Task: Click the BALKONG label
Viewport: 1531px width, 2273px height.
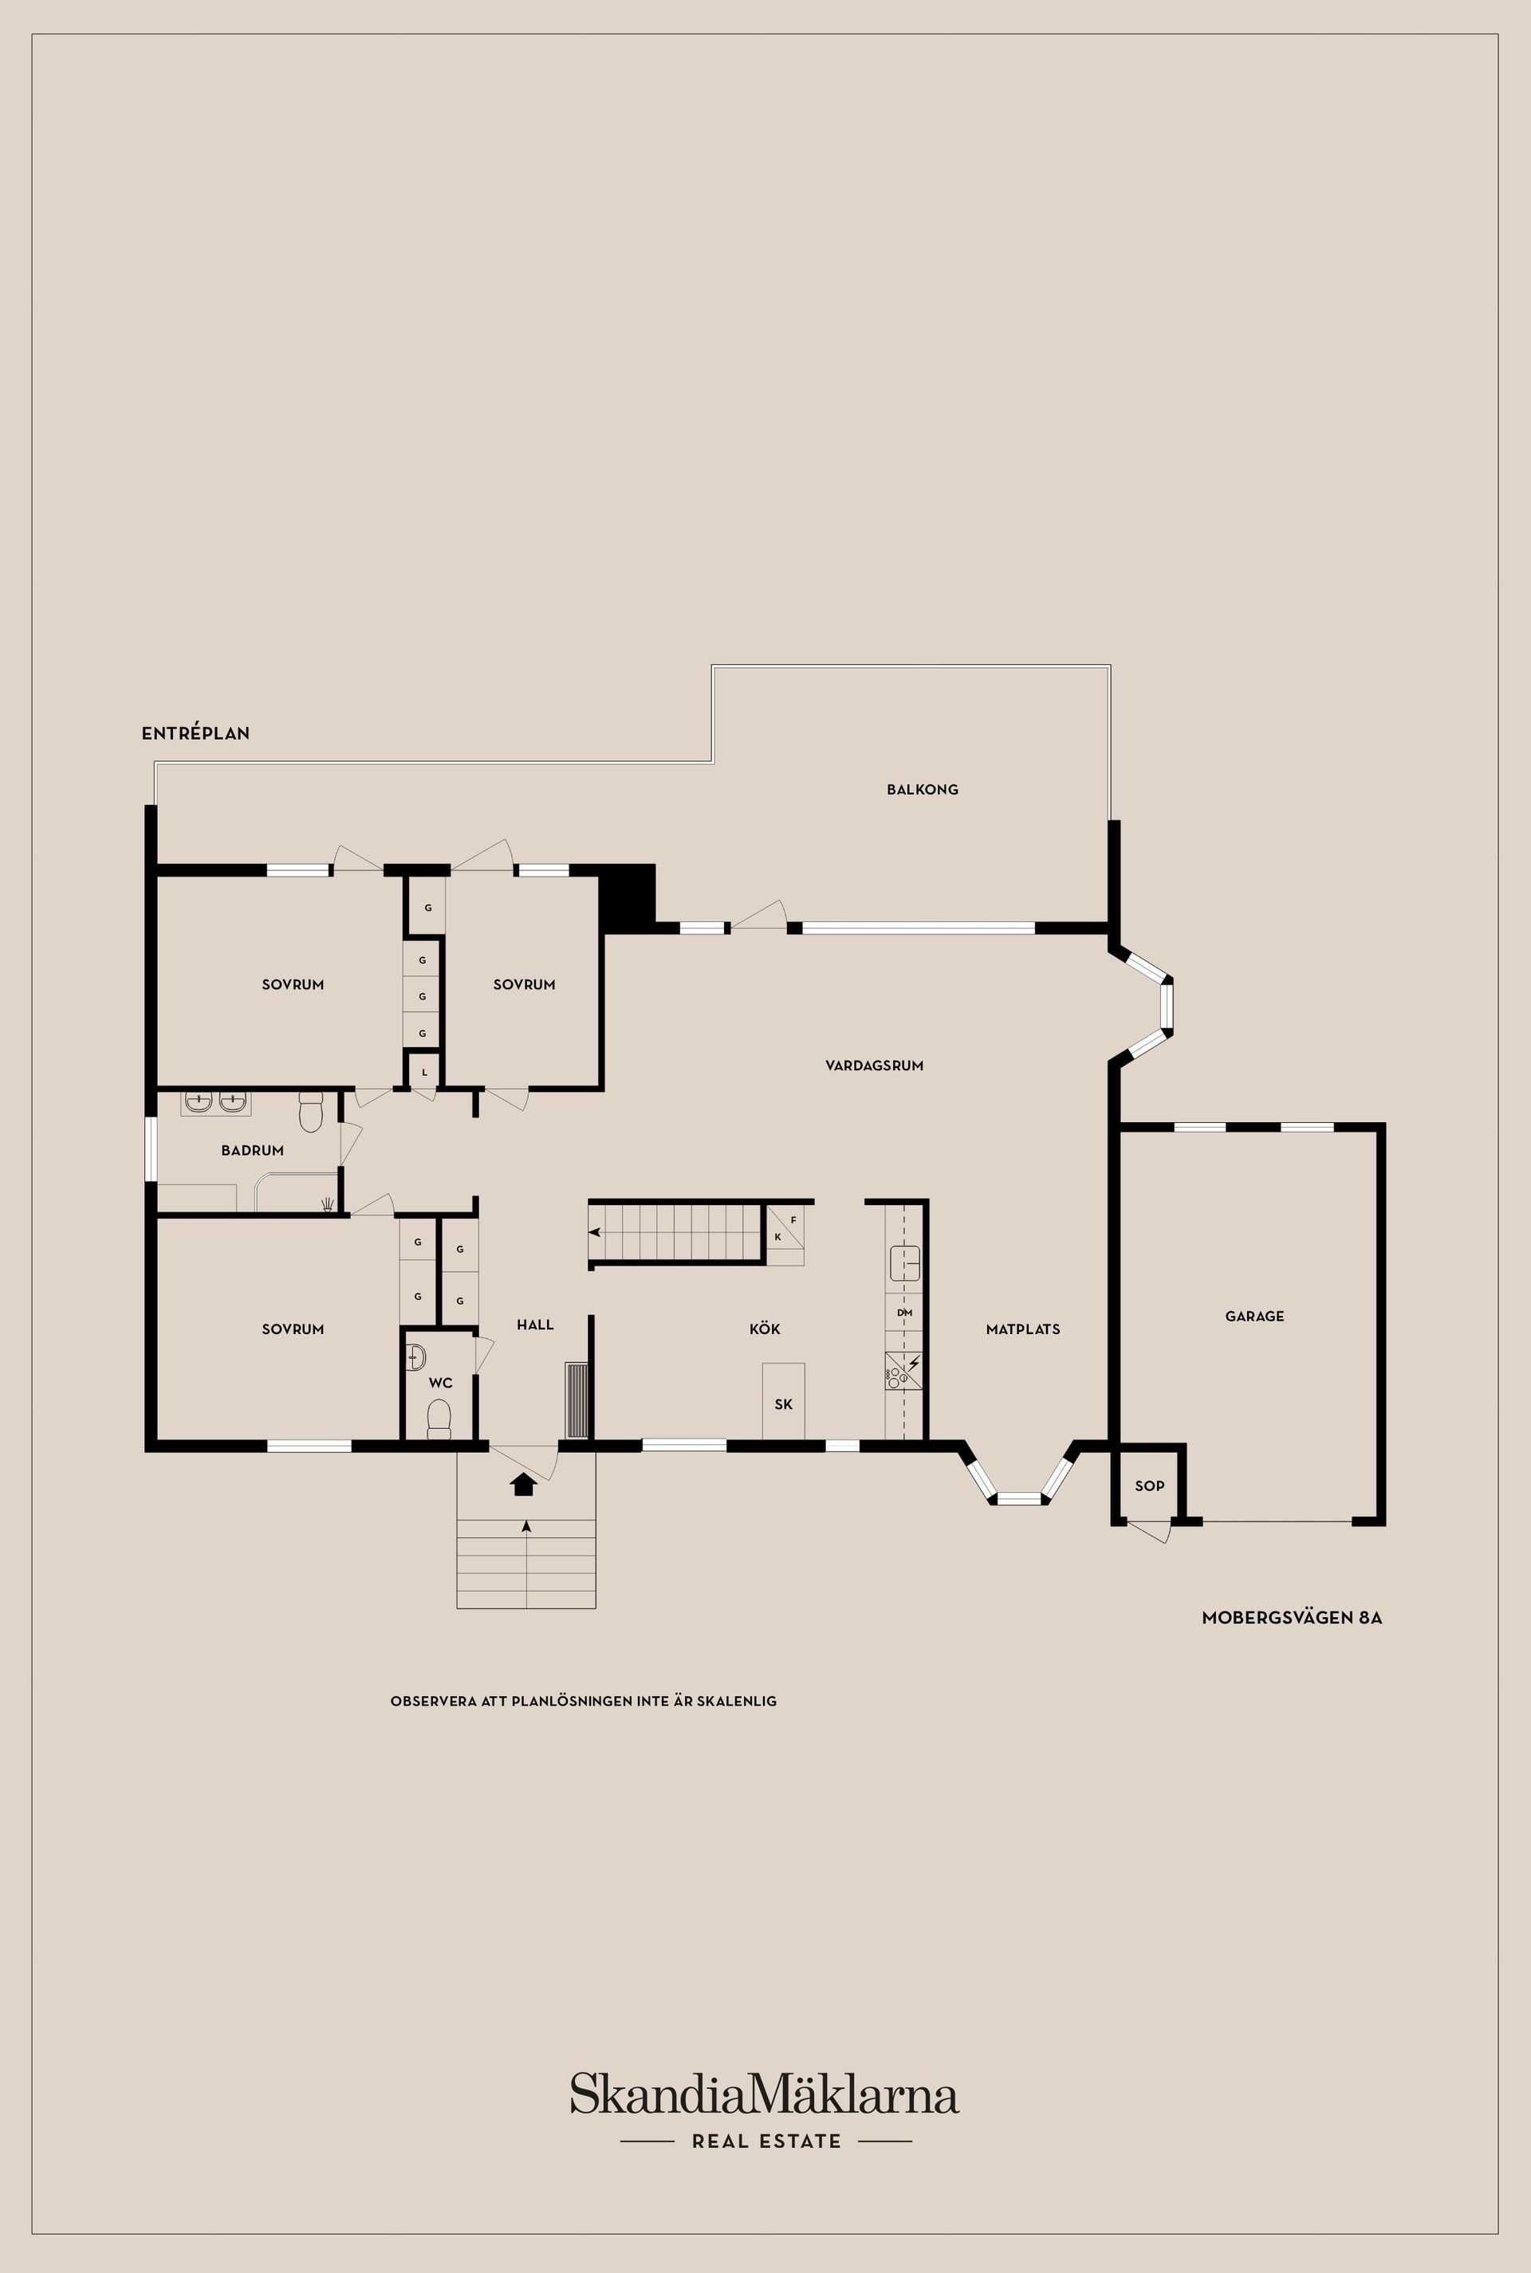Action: tap(922, 790)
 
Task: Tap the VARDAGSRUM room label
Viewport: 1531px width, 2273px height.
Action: tap(874, 1066)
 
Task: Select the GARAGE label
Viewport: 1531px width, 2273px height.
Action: tap(1254, 1317)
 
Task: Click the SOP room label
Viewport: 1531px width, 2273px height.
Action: tap(1149, 1486)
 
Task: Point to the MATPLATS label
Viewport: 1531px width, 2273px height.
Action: tap(1022, 1329)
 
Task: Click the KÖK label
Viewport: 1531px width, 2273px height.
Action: tap(765, 1329)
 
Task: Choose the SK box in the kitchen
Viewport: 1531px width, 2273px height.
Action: tap(783, 1404)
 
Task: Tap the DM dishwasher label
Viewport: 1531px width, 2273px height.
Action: tap(904, 1313)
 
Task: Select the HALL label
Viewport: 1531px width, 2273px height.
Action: tap(535, 1325)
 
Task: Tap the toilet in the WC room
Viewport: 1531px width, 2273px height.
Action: tap(439, 1419)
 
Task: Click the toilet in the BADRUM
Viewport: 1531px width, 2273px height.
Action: tap(310, 1113)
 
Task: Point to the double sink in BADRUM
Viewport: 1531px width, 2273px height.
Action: tap(216, 1104)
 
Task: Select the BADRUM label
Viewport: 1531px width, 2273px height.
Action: tap(252, 1151)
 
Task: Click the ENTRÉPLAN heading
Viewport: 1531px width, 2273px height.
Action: tap(195, 734)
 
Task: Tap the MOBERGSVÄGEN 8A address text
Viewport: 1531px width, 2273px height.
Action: tap(1291, 1617)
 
